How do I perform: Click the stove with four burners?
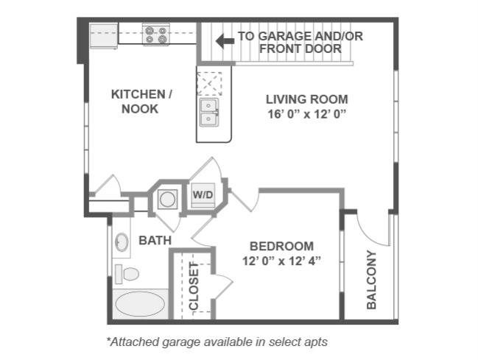click(x=156, y=34)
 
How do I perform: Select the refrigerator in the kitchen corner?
click(x=104, y=35)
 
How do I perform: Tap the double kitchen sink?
click(x=208, y=113)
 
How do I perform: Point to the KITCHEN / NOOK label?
click(x=141, y=102)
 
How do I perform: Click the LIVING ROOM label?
click(x=306, y=99)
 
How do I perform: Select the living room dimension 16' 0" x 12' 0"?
click(x=306, y=114)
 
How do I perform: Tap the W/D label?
click(x=203, y=194)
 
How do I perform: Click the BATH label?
click(x=155, y=240)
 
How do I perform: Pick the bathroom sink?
click(x=122, y=241)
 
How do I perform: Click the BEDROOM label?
click(x=281, y=246)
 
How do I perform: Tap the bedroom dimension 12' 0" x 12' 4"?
click(x=281, y=261)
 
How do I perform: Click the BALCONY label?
click(x=371, y=280)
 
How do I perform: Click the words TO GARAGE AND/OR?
click(x=300, y=35)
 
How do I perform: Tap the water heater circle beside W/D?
click(x=167, y=198)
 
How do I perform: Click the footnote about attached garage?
click(x=217, y=342)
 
